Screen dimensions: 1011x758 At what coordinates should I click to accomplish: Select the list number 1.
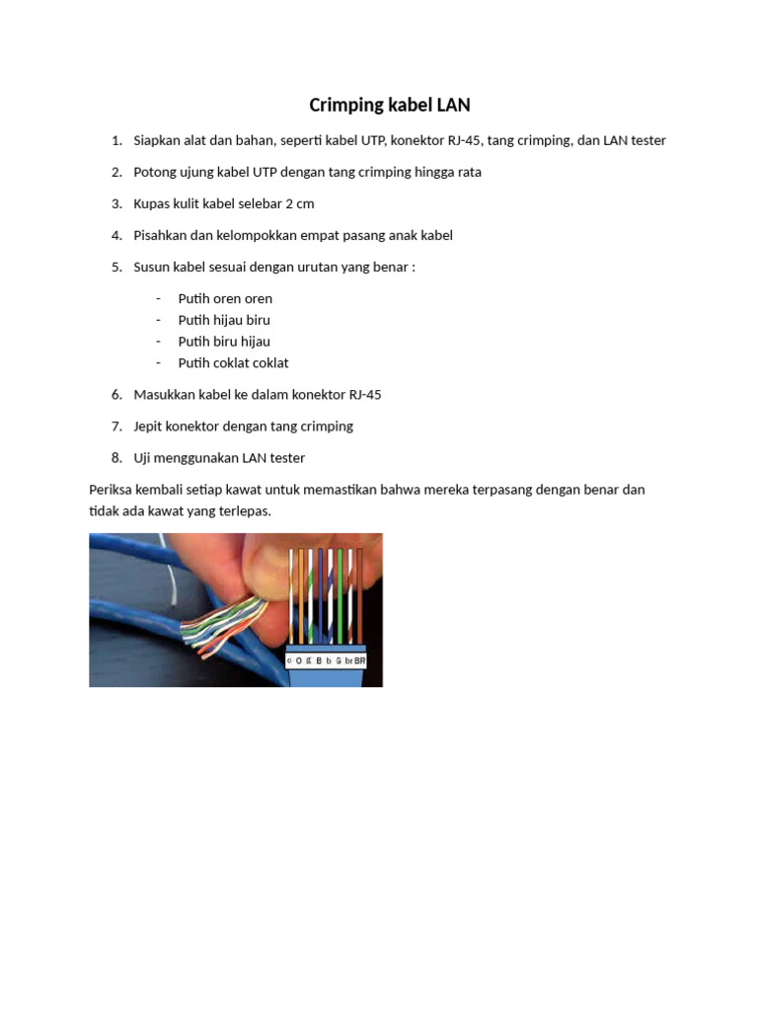[115, 140]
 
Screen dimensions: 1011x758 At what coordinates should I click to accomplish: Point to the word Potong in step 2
[155, 172]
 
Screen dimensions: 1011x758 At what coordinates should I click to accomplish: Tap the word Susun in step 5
[152, 267]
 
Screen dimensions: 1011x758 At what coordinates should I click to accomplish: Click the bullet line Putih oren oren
[225, 298]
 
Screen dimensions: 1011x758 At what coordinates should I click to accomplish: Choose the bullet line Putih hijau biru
[224, 320]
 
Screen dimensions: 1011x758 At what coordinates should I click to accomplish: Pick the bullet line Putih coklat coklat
[233, 362]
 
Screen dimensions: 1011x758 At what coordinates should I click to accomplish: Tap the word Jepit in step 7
[149, 426]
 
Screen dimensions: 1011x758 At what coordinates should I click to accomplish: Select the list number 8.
[115, 457]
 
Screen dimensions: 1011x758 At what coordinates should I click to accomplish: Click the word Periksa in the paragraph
[113, 489]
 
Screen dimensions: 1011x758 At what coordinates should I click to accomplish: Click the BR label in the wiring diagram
[360, 660]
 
